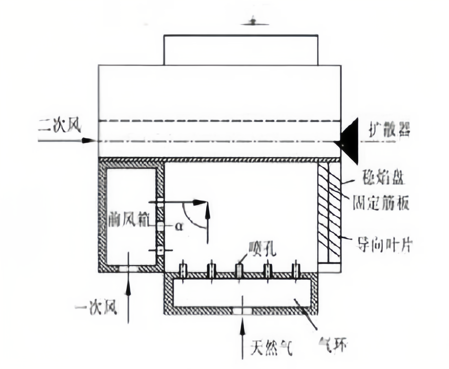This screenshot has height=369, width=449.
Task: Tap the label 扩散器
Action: [x=389, y=132]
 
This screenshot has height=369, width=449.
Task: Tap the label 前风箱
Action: [x=128, y=221]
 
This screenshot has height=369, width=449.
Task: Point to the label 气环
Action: [x=333, y=345]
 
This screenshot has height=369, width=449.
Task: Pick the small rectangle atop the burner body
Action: [x=241, y=50]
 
